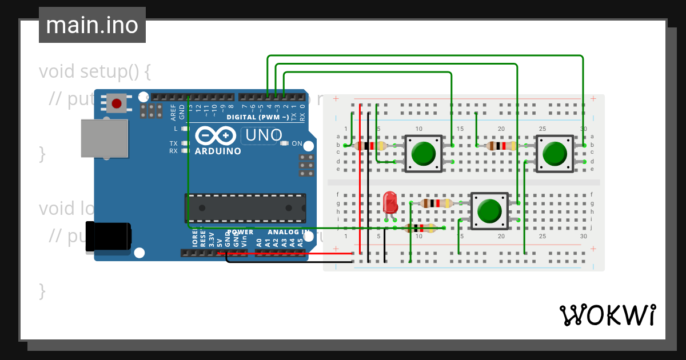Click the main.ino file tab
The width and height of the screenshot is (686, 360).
coord(92,25)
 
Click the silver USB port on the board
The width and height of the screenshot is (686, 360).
coord(104,138)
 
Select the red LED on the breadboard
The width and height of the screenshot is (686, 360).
coord(390,203)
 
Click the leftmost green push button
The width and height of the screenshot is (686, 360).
coord(423,154)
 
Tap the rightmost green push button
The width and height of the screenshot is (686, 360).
coord(554,154)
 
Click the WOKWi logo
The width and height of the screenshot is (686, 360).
coord(607,315)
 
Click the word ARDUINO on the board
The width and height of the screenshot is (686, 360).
coord(218,151)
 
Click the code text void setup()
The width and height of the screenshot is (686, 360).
coord(95,72)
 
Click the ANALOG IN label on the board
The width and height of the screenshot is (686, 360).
coord(288,233)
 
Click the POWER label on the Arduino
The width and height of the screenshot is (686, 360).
coord(240,233)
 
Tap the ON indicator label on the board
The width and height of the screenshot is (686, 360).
coord(297,143)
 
